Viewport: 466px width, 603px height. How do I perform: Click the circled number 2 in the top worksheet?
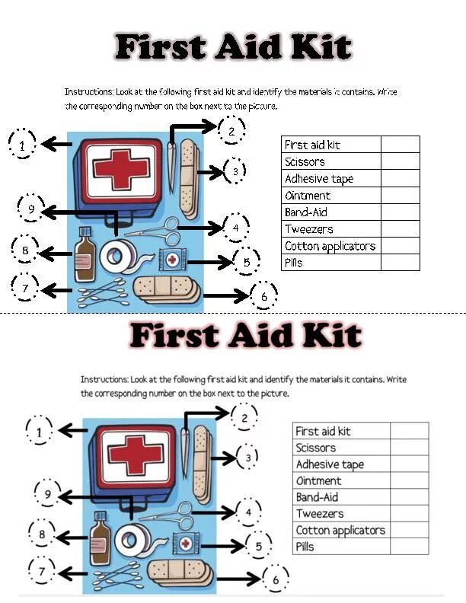pos(231,131)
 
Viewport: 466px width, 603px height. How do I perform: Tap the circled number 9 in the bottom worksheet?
pos(48,496)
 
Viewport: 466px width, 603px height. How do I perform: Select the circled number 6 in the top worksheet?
pos(263,296)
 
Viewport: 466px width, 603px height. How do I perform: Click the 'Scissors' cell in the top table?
pos(330,161)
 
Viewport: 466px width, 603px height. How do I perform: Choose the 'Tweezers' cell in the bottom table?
pos(342,514)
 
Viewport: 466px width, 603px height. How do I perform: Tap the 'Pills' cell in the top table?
pos(330,263)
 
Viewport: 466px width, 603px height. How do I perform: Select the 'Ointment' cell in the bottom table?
pos(342,480)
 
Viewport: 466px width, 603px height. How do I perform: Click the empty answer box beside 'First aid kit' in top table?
pos(400,145)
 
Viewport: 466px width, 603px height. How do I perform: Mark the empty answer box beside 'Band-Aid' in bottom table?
pos(409,497)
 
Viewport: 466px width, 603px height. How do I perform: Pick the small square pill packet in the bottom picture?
pos(185,544)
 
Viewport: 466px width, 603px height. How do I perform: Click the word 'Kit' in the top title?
pos(319,48)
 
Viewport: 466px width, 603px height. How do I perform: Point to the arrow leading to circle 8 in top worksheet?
pos(57,252)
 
